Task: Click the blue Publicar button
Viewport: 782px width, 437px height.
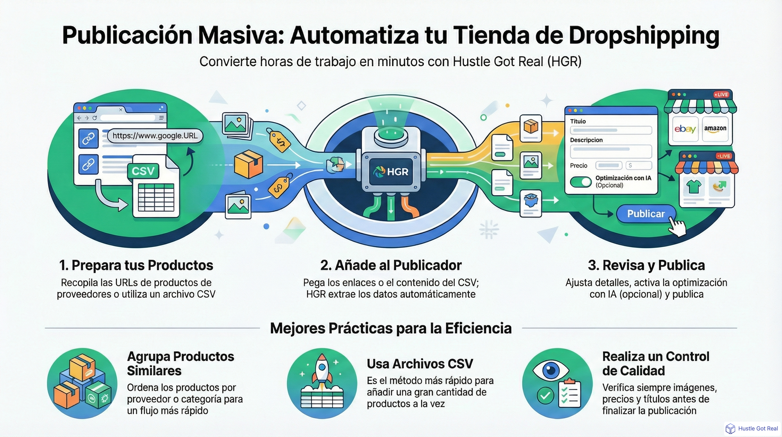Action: (x=646, y=214)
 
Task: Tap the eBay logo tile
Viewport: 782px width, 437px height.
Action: (x=685, y=129)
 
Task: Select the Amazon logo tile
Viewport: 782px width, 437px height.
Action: (x=715, y=129)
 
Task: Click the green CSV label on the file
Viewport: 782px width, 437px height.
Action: (x=143, y=171)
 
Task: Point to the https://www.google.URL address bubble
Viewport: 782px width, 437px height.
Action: (x=155, y=135)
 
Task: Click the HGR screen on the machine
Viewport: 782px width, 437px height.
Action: (x=391, y=172)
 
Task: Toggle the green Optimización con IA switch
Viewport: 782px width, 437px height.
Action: (x=581, y=182)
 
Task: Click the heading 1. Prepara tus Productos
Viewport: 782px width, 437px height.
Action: (x=136, y=265)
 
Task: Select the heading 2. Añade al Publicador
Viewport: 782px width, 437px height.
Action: (x=391, y=265)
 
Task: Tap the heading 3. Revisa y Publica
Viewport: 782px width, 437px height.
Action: (x=646, y=265)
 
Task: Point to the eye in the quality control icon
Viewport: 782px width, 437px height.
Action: (x=551, y=370)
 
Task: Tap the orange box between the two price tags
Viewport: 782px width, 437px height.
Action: (x=249, y=164)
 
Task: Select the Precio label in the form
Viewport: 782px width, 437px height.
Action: (x=579, y=166)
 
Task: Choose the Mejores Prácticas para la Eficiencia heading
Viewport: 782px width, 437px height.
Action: (x=391, y=329)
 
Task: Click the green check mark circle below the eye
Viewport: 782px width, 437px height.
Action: (x=545, y=395)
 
